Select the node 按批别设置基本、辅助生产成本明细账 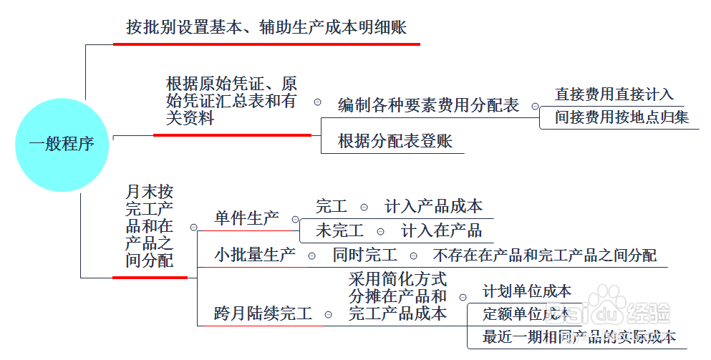pyautogui.click(x=266, y=27)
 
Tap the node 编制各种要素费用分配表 pyautogui.click(x=428, y=105)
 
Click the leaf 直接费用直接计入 pyautogui.click(x=614, y=94)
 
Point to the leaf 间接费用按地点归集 pyautogui.click(x=622, y=117)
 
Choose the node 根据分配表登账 pyautogui.click(x=395, y=141)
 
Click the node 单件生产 pyautogui.click(x=247, y=218)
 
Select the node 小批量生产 pyautogui.click(x=255, y=255)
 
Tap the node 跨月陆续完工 pyautogui.click(x=263, y=313)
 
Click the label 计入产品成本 pyautogui.click(x=433, y=206)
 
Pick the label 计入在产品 pyautogui.click(x=441, y=230)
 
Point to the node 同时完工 pyautogui.click(x=365, y=255)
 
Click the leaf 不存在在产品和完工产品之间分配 pyautogui.click(x=545, y=256)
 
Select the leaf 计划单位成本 pyautogui.click(x=527, y=291)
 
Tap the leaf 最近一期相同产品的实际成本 pyautogui.click(x=579, y=336)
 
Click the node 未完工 pyautogui.click(x=339, y=230)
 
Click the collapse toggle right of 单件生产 pyautogui.click(x=295, y=220)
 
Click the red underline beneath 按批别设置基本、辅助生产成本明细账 pyautogui.click(x=266, y=44)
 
